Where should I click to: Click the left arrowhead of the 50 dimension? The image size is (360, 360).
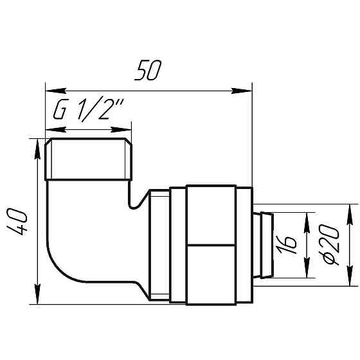coord(50,91)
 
